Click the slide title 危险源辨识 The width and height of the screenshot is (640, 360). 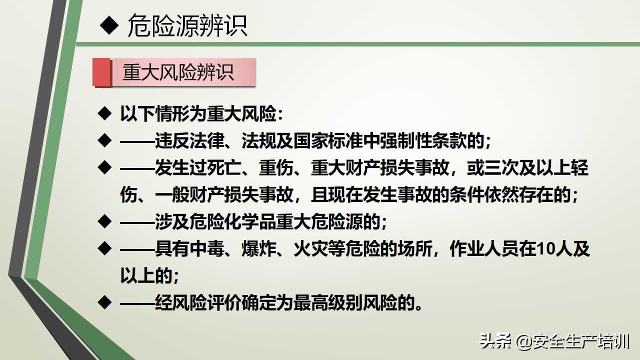[x=187, y=25]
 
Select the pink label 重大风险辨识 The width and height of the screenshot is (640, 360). [x=178, y=73]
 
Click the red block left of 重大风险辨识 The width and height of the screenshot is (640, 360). [x=101, y=72]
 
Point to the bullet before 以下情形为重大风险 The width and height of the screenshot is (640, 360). [x=104, y=113]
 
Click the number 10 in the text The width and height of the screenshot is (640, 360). [x=545, y=249]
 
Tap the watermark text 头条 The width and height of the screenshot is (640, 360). [x=495, y=342]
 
